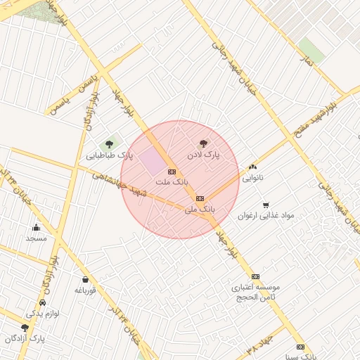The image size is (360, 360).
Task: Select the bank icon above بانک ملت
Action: [172, 171]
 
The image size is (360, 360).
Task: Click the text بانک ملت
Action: [172, 182]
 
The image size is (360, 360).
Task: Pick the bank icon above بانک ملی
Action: [200, 198]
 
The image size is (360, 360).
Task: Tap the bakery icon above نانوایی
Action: [252, 167]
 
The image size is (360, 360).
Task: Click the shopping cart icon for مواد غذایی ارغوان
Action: [266, 205]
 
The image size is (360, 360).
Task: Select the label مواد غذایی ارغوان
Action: [265, 216]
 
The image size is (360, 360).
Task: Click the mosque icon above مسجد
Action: [36, 227]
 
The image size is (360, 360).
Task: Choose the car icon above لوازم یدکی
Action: [42, 302]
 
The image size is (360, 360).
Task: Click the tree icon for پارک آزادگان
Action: [25, 327]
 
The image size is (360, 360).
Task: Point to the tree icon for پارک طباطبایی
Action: [108, 143]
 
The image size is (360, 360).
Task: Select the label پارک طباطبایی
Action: [110, 155]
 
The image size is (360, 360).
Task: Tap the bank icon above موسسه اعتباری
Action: [255, 276]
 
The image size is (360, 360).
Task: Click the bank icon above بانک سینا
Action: [300, 347]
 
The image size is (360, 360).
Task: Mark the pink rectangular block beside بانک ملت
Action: [150, 161]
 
